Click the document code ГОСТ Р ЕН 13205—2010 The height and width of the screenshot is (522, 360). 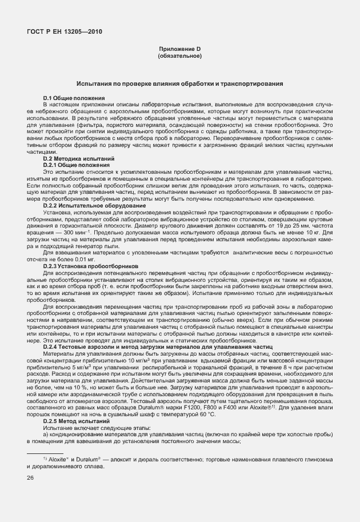[x=65, y=31]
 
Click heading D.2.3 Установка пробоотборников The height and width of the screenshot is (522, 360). [x=90, y=266]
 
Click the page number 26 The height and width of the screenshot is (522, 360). [x=30, y=477]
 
